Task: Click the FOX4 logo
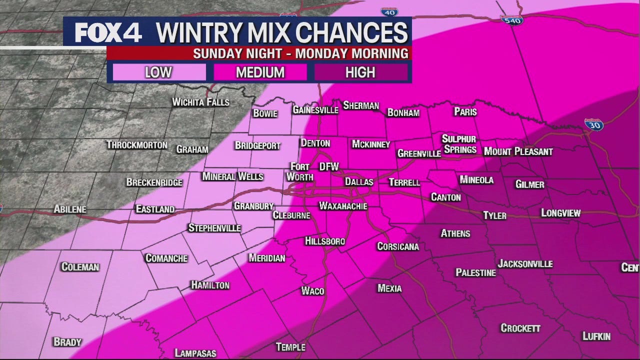(108, 32)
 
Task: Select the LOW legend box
(158, 72)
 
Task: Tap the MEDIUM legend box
(260, 72)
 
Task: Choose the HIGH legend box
(360, 72)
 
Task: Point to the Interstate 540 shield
(511, 20)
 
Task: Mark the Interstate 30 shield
(593, 124)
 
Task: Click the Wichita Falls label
(200, 102)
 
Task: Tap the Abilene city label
(70, 209)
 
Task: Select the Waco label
(313, 291)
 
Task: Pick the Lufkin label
(596, 336)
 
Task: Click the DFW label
(328, 167)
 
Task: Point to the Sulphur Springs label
(459, 144)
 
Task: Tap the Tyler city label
(494, 215)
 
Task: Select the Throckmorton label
(137, 145)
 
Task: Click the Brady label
(67, 342)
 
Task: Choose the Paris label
(465, 112)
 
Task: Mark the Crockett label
(520, 328)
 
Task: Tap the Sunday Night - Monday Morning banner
(300, 53)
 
